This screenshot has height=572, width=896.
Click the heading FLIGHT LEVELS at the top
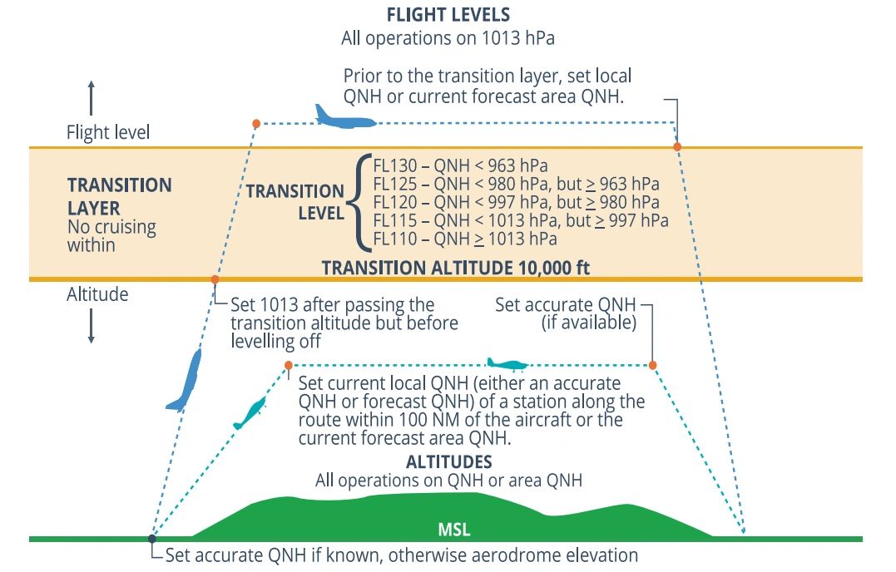(448, 15)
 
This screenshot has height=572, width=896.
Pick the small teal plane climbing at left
(250, 412)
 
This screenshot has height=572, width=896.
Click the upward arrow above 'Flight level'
(92, 97)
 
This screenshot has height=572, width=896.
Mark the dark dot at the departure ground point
(151, 539)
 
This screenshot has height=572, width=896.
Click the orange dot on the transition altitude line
(215, 279)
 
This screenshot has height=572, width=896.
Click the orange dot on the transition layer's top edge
(677, 147)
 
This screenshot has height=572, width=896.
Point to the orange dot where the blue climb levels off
(256, 124)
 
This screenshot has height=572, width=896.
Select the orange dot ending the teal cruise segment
(652, 365)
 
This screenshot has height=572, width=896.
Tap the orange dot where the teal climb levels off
(289, 365)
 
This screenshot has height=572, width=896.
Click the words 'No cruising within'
(111, 235)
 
